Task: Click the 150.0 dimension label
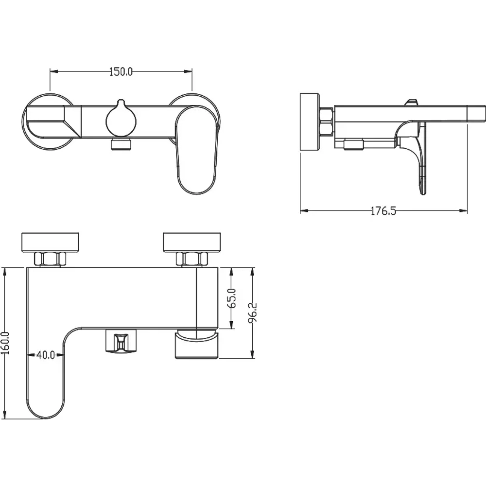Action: pyautogui.click(x=121, y=71)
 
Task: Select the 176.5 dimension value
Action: pyautogui.click(x=383, y=211)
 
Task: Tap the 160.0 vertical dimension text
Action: pyautogui.click(x=5, y=343)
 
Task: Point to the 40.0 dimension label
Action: pyautogui.click(x=46, y=355)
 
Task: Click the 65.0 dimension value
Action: pyautogui.click(x=232, y=298)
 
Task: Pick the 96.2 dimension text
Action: pyautogui.click(x=253, y=312)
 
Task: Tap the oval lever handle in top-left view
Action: pyautogui.click(x=196, y=150)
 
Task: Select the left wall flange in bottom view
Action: pyautogui.click(x=50, y=242)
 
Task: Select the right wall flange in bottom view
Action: pyautogui.click(x=192, y=242)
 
